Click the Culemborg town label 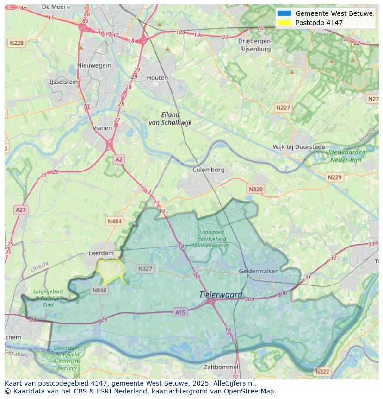point(208,170)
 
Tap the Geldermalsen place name point(259,271)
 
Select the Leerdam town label point(101,253)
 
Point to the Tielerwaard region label point(221,295)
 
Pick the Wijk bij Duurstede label point(299,147)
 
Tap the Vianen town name point(102,128)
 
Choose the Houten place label point(157,78)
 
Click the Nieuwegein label point(94,65)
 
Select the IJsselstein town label point(63,82)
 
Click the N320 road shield point(255,189)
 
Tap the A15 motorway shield point(180,313)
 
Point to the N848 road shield point(99,291)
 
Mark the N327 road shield point(145,269)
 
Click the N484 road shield point(114,222)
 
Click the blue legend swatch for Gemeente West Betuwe point(284,13)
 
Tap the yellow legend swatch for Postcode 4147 point(284,23)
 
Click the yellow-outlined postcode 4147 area point(110,271)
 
